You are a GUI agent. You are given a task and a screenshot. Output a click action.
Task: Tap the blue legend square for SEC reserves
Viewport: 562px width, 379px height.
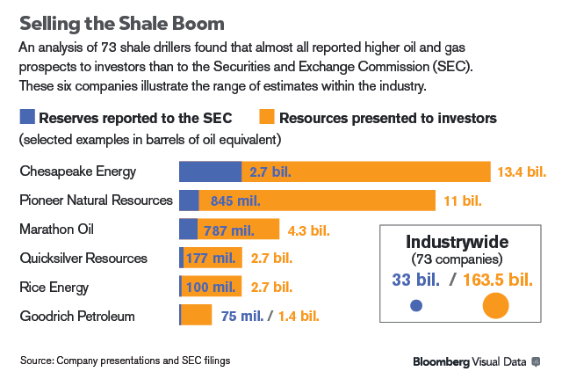point(26,117)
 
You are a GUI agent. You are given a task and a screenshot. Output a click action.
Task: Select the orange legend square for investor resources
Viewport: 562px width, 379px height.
point(267,117)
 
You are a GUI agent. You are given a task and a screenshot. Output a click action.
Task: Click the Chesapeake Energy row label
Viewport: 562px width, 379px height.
point(78,171)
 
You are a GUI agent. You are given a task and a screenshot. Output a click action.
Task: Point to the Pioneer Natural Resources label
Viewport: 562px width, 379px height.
point(96,200)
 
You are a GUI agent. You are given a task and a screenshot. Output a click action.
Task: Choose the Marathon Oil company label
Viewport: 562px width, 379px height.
point(68,230)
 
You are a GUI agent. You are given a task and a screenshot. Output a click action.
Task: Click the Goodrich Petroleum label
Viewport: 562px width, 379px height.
point(76,316)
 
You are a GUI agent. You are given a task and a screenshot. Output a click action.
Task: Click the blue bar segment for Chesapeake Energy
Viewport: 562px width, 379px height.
point(210,171)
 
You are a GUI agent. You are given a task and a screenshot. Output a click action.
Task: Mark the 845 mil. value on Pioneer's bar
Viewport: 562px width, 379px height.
point(235,201)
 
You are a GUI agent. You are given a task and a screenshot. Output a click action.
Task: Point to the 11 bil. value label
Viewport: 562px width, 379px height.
point(463,201)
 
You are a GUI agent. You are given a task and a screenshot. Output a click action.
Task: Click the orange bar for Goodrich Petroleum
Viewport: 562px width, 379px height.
point(196,316)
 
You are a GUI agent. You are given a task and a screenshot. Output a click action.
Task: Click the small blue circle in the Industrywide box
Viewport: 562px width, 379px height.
point(416,306)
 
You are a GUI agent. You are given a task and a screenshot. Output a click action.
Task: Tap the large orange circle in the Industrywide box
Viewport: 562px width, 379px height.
point(495,305)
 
